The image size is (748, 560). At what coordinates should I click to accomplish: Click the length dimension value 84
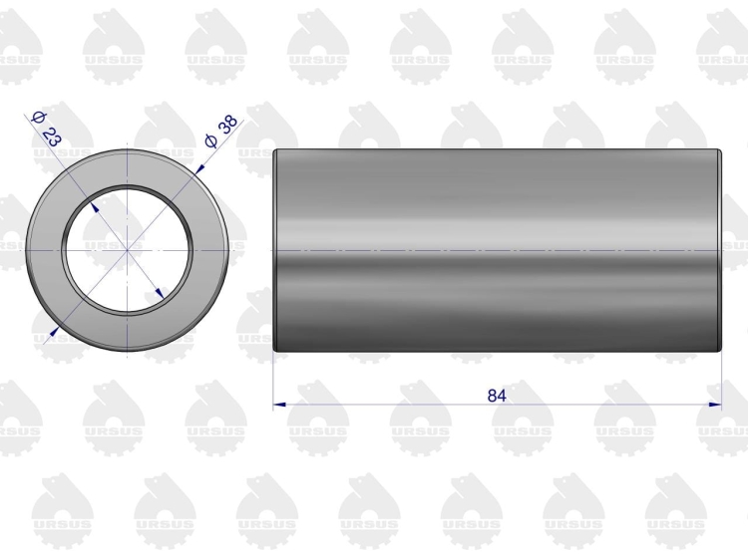coord(497,396)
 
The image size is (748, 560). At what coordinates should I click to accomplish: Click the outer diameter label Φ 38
coord(220,132)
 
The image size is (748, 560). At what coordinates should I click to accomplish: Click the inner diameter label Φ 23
coord(46,128)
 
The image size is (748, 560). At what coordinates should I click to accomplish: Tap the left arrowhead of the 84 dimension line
coord(279,405)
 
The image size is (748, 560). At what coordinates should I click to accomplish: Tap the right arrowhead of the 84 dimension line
coord(715,405)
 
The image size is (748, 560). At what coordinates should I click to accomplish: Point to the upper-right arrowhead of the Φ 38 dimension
coord(199,169)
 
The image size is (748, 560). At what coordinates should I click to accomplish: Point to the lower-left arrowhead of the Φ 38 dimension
coord(54,331)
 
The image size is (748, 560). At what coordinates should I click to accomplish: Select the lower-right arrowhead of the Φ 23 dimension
coord(161,293)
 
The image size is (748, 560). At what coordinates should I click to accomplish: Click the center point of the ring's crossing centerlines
coord(127,250)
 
